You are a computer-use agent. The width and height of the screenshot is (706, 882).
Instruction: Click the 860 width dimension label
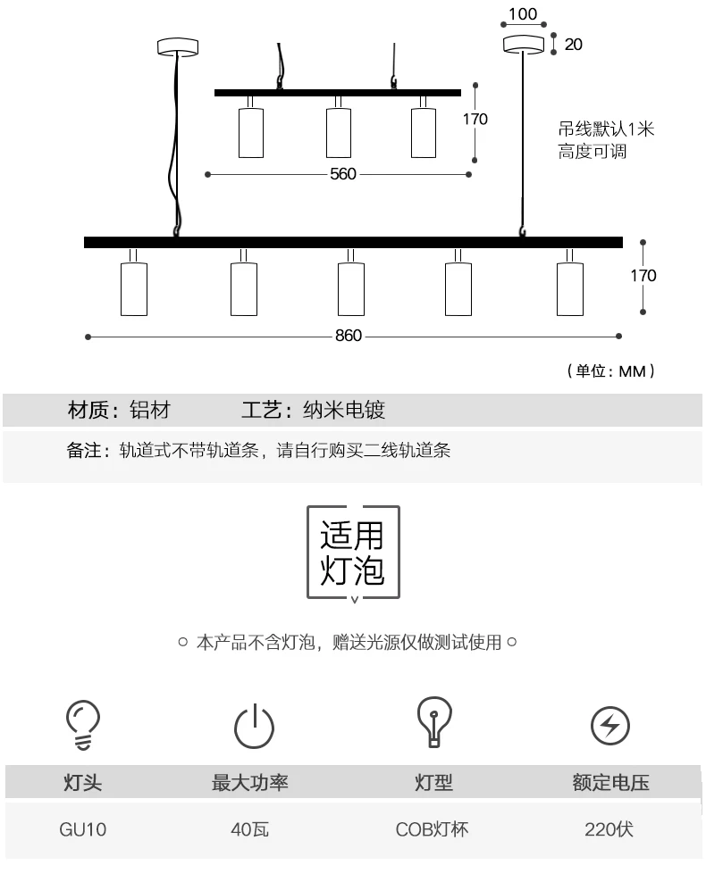tap(349, 336)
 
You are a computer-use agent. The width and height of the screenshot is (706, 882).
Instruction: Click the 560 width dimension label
tap(343, 174)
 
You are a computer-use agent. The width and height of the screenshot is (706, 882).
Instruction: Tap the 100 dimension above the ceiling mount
tap(524, 15)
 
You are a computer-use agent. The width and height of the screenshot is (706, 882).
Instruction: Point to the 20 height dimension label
tap(574, 44)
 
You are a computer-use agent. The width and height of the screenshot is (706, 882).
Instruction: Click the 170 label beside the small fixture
tap(475, 119)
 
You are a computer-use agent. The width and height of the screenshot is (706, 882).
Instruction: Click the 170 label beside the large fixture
tap(643, 275)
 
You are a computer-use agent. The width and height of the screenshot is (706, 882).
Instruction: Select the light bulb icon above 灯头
tap(83, 722)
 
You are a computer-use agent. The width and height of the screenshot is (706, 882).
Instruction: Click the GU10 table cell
tap(83, 829)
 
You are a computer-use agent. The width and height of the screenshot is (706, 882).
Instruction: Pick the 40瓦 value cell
tap(249, 829)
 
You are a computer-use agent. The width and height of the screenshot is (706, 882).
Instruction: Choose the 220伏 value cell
tap(609, 829)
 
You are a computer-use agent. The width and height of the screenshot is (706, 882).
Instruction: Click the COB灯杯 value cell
tap(433, 829)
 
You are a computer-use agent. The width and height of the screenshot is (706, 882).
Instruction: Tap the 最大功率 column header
tap(249, 783)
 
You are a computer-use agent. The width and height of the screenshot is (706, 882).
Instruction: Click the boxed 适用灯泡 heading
tap(353, 552)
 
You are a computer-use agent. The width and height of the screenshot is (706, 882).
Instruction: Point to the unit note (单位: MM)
tap(611, 370)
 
